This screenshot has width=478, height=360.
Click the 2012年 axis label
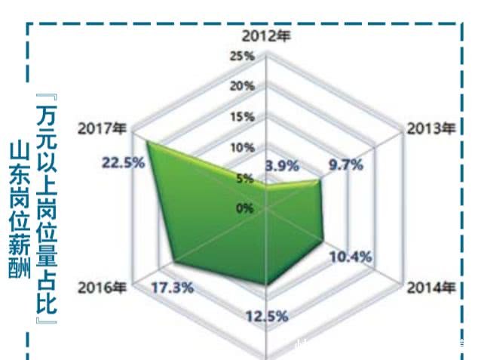pos(265,35)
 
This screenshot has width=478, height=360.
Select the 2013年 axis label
pos(431,128)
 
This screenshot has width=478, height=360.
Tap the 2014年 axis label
pos(432,288)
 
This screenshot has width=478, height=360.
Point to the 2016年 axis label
pos(102,288)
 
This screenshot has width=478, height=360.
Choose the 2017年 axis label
pos(102,128)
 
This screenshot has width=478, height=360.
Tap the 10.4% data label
pos(351,257)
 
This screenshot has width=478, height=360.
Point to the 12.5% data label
pos(267,316)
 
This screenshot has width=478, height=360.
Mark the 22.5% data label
pos(122,162)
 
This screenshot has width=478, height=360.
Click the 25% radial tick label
pos(243,57)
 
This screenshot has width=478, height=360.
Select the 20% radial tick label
pos(243,86)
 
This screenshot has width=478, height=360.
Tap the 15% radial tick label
pos(243,117)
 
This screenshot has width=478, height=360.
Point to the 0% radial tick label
pos(246,208)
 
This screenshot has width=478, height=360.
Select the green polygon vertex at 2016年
pos(174,263)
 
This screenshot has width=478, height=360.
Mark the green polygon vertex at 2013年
pos(320,180)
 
